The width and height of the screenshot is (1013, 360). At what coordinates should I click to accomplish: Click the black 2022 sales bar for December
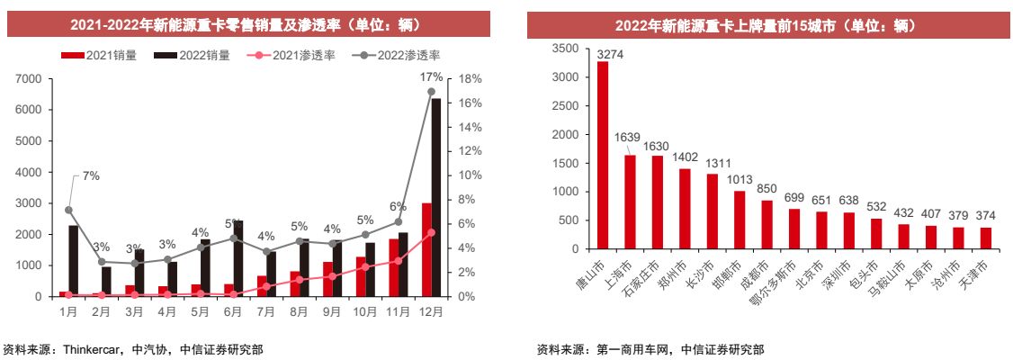(436, 198)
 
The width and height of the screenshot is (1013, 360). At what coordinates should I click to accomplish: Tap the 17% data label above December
(431, 77)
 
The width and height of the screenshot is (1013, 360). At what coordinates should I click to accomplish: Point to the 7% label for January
(91, 176)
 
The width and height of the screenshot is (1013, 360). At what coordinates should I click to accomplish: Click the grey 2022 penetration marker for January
(68, 210)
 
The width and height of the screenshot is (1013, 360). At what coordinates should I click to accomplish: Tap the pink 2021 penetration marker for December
(432, 232)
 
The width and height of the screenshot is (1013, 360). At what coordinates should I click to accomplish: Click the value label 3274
(610, 54)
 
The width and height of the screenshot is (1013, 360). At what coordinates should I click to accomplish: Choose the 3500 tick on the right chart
(565, 48)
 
